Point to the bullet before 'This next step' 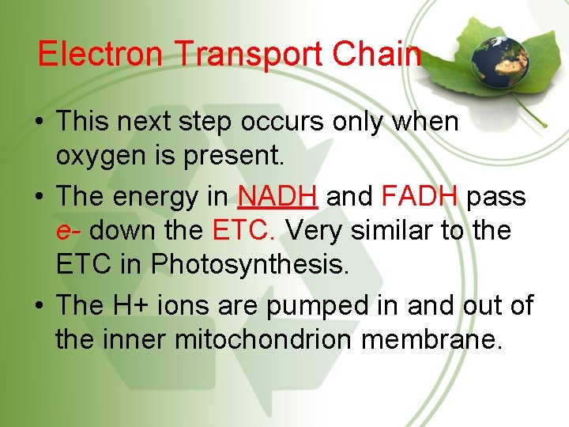(39, 123)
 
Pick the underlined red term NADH (278, 195)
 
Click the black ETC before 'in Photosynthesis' (83, 265)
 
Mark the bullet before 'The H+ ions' (39, 305)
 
